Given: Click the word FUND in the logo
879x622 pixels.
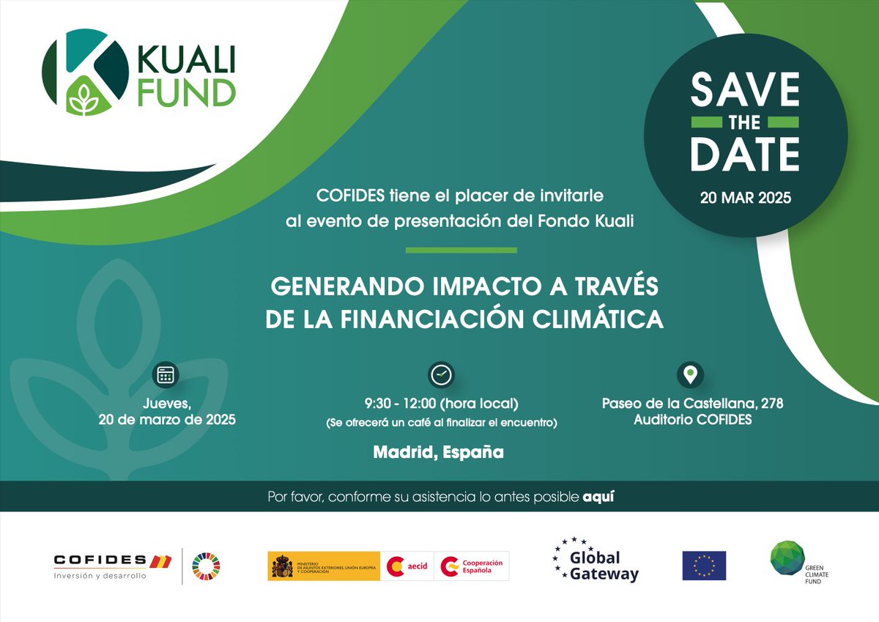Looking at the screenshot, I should [x=187, y=92].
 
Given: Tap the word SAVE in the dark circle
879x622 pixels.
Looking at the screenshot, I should [x=745, y=90].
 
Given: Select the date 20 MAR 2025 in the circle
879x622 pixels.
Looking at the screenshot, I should [x=745, y=198].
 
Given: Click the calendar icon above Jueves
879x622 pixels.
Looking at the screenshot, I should [x=166, y=375].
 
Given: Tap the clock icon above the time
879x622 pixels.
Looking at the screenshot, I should [x=441, y=374].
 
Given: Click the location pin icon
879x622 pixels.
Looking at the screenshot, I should [x=690, y=374].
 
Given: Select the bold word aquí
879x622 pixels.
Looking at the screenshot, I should [x=598, y=497].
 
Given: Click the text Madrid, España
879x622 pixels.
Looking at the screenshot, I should [x=439, y=452].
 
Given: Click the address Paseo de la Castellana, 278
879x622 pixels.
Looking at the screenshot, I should [x=692, y=403].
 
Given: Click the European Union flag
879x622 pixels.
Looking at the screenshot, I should [x=703, y=566].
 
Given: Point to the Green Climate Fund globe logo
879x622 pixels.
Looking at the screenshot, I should [x=787, y=560].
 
